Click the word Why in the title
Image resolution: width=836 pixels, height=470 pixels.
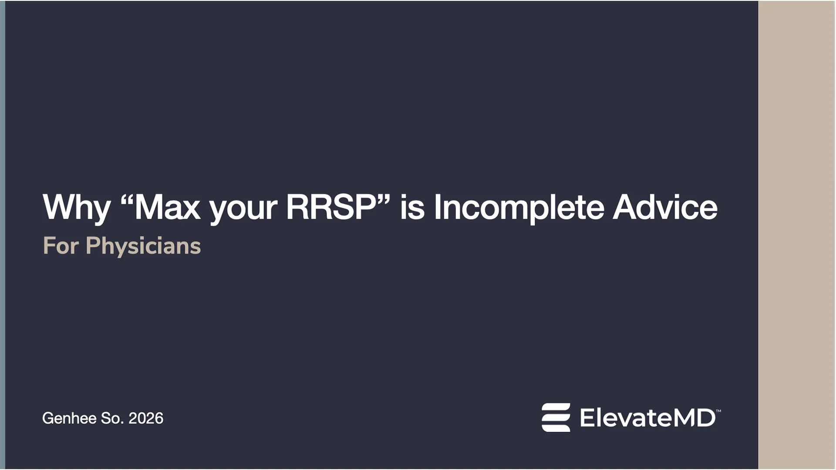(76, 208)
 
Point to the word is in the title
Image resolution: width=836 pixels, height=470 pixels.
(412, 208)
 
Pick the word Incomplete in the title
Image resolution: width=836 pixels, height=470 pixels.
(519, 208)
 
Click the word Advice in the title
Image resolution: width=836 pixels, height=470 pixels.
(665, 208)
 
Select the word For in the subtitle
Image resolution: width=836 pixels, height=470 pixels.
(61, 246)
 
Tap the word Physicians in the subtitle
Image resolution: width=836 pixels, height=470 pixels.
(143, 246)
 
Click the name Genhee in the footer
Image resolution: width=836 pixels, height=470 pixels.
(69, 418)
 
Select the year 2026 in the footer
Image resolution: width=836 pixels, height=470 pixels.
(146, 418)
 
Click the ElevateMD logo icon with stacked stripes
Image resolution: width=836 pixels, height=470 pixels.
(556, 417)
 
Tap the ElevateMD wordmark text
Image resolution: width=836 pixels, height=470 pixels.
(647, 418)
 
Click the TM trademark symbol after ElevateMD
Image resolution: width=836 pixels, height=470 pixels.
(718, 410)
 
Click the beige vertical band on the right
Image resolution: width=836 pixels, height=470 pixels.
(796, 235)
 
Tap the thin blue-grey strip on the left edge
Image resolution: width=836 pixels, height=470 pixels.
(3, 235)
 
